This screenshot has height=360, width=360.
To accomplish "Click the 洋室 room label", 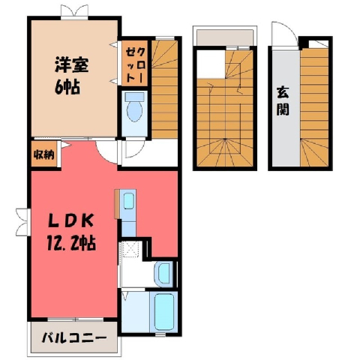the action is click(x=72, y=65).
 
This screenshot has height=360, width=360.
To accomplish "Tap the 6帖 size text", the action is click(x=67, y=87).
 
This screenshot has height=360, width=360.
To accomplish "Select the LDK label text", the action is click(x=71, y=220).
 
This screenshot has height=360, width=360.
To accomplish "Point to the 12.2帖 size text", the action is click(x=71, y=242).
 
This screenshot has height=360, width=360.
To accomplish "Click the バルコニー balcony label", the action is click(x=74, y=338).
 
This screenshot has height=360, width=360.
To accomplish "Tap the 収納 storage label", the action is click(x=44, y=155).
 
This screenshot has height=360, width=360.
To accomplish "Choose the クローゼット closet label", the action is click(x=135, y=64).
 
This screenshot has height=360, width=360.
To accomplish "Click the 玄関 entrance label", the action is click(x=283, y=100).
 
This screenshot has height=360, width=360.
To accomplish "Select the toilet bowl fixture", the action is click(x=135, y=107).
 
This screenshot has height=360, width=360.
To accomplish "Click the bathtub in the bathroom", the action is click(x=164, y=312).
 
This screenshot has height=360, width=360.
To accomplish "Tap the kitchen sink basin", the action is click(x=129, y=201).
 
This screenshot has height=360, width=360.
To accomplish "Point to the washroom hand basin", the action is click(x=163, y=274).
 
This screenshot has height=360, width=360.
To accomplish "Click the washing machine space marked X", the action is click(x=130, y=249).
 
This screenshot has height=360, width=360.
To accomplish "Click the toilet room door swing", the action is click(x=135, y=149).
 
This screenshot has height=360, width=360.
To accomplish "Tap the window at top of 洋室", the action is click(x=74, y=12).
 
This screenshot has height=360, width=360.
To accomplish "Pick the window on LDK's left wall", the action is click(x=23, y=222).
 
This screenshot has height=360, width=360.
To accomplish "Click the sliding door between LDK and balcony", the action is click(x=75, y=319).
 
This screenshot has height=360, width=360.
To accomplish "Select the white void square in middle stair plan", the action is click(x=211, y=64).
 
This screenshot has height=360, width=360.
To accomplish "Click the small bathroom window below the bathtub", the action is click(x=163, y=334).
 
